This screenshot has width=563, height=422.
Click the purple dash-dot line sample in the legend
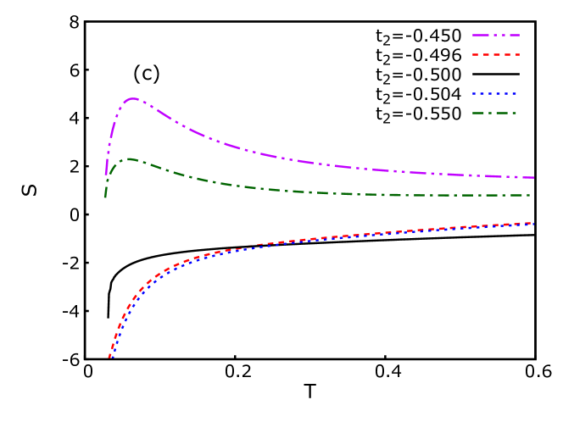tap(496, 36)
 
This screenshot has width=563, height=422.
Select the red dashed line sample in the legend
tap(496, 55)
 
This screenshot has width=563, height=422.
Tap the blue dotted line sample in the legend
tap(495, 94)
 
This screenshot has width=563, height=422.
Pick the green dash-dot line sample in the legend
tap(495, 113)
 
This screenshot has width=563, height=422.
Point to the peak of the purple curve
tap(132, 99)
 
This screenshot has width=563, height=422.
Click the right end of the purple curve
tap(533, 177)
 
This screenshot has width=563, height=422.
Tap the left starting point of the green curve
tap(105, 197)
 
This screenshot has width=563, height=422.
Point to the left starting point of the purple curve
tap(106, 175)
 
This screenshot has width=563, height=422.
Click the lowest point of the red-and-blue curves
tap(109, 358)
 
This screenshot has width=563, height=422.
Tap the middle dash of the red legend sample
tap(496, 55)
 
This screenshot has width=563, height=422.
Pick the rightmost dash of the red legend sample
tap(516, 55)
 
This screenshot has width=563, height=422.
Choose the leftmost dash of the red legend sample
tap(476, 55)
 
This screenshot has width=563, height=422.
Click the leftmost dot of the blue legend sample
tap(474, 94)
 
